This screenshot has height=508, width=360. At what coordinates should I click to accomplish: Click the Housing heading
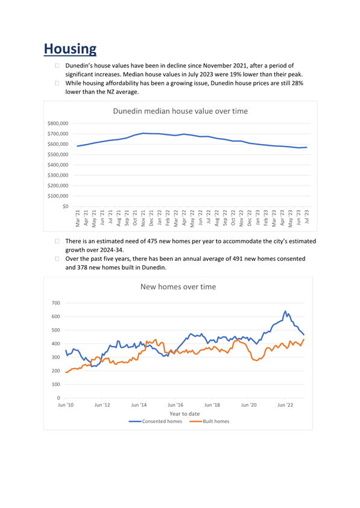point(70,49)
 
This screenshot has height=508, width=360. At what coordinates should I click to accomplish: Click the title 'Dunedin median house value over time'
point(180,111)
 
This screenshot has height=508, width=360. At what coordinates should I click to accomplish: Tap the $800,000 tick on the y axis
point(58,124)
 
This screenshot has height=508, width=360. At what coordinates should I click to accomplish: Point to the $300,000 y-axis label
point(58,175)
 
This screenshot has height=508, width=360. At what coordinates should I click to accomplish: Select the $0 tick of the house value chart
point(66,206)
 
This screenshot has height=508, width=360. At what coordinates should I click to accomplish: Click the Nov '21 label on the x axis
point(143,218)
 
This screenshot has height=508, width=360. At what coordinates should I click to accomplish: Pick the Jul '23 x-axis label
point(306,216)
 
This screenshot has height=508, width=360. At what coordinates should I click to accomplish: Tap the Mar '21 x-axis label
point(78,218)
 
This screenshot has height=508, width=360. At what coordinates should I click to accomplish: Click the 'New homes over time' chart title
point(178,287)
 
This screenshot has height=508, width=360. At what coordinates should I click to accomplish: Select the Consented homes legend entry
point(156,421)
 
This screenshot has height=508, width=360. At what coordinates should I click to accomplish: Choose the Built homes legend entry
point(209,421)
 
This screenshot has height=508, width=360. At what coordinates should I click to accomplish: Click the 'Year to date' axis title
point(185,414)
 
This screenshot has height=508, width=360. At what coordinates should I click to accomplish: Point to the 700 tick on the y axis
point(56,303)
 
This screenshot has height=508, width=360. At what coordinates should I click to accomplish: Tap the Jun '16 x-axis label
point(175,405)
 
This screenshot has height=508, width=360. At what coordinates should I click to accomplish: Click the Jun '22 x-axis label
point(285,405)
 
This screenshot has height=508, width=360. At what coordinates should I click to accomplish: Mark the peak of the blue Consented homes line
point(285,311)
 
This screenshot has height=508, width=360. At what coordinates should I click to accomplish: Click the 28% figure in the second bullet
point(297,83)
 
